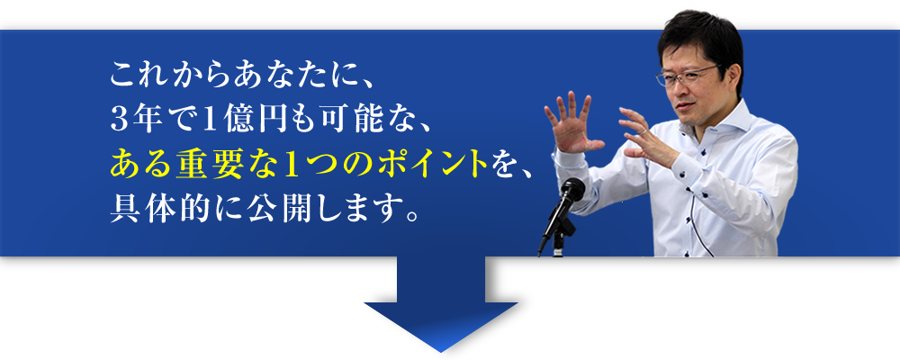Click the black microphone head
[572, 190]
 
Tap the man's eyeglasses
[687, 76]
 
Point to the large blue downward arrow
[441, 304]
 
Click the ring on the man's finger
[645, 130]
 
